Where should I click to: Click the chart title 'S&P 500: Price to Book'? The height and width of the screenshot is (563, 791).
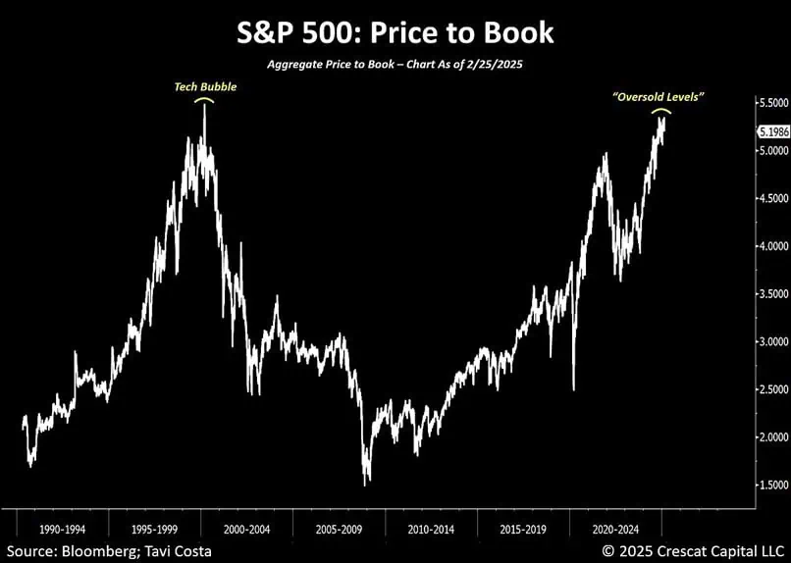[395, 32]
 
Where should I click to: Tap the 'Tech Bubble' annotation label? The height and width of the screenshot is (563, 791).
[204, 86]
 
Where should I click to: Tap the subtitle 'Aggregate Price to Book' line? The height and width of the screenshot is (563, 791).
[395, 64]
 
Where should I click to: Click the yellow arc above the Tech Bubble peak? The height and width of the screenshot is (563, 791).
[204, 99]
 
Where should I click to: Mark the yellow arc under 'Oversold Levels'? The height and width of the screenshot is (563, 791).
[662, 111]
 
